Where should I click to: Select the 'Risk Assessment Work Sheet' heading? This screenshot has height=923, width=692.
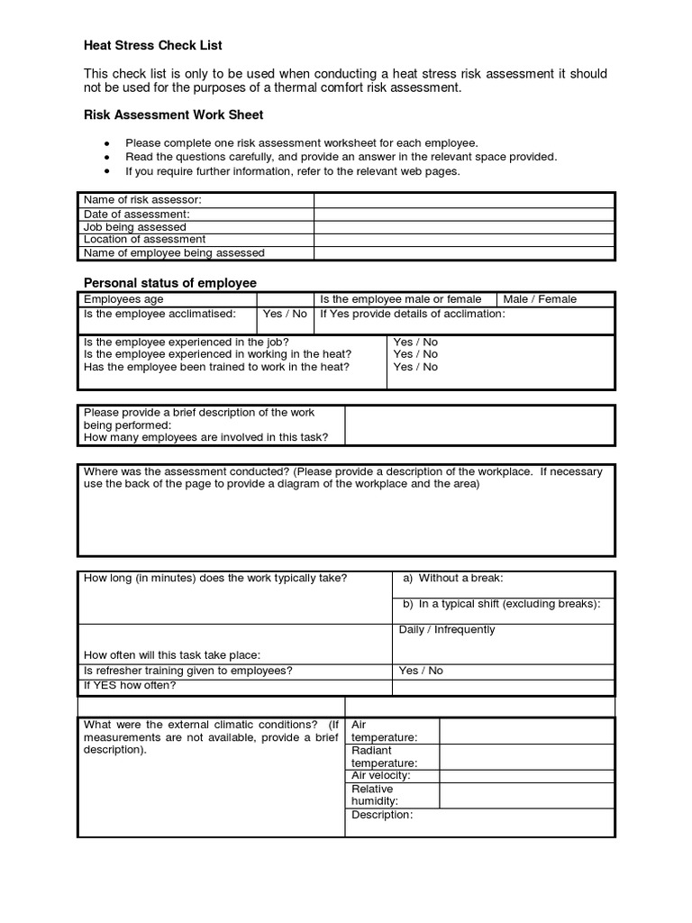173,114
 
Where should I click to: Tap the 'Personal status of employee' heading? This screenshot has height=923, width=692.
170,282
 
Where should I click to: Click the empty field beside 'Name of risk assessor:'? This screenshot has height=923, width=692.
464,199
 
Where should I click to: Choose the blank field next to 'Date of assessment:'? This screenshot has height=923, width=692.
464,215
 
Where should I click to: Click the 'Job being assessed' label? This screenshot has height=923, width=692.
135,227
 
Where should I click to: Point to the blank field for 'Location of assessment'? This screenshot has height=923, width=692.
464,240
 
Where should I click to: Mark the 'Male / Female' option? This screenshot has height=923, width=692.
540,299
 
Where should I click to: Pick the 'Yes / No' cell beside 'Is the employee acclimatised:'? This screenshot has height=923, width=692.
285,314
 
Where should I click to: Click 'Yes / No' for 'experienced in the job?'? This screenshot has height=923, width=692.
415,343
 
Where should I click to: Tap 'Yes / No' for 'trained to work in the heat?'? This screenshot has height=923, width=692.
415,367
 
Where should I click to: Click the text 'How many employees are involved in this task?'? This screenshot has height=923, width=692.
205,437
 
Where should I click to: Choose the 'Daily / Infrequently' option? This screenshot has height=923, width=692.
447,629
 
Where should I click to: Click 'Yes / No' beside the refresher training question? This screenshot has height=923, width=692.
421,671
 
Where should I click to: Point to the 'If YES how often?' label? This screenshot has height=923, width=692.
130,685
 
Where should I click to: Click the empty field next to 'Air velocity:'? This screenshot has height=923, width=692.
526,775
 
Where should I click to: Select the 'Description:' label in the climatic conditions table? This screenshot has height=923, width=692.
382,815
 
